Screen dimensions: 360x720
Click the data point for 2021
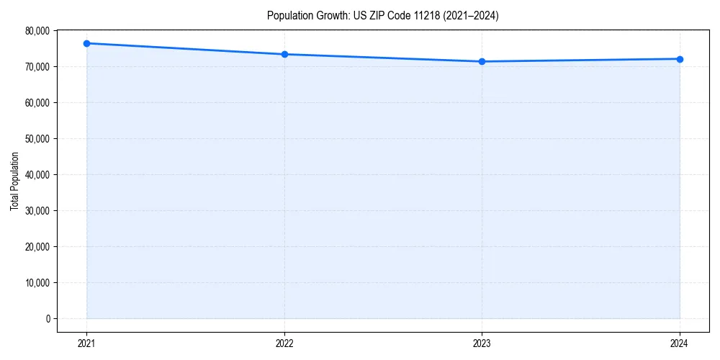[86, 43]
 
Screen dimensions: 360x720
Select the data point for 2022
[284, 54]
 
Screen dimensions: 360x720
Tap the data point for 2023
[482, 61]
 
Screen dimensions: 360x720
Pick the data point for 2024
[680, 59]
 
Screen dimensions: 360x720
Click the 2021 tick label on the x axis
[86, 343]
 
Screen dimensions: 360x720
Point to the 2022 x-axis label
[284, 343]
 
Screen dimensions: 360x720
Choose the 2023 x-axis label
[482, 343]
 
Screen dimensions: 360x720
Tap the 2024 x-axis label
[680, 343]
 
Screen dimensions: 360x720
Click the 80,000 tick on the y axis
[37, 30]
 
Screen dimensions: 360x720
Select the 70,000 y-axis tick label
[37, 66]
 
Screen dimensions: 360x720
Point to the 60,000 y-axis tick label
[37, 102]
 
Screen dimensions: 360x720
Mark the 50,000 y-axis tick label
[37, 138]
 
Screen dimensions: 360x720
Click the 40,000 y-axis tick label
[37, 174]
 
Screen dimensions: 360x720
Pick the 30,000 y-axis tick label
[37, 210]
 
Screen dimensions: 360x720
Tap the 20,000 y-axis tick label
[37, 246]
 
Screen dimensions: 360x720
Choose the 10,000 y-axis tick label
[37, 282]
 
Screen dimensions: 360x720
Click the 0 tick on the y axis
[48, 318]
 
